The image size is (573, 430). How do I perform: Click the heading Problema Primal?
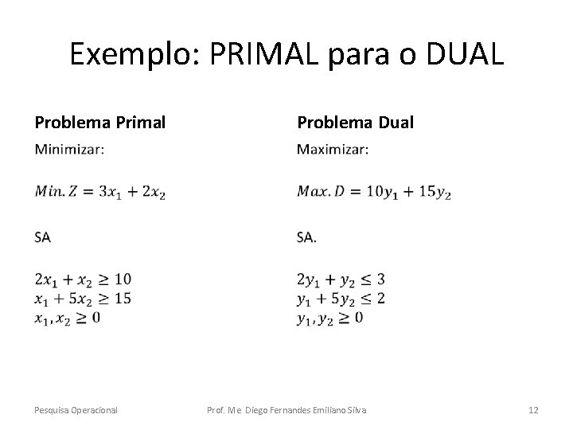(x=100, y=123)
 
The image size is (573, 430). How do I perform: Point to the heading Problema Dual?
(x=355, y=123)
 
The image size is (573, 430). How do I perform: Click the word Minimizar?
(x=69, y=149)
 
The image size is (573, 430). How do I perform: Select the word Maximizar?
(x=332, y=149)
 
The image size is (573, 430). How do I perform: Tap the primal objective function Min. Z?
(x=100, y=192)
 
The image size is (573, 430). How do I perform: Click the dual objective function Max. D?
(x=373, y=192)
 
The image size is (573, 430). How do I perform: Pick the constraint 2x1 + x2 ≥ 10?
(x=83, y=279)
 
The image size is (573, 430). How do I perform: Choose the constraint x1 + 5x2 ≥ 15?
(x=83, y=299)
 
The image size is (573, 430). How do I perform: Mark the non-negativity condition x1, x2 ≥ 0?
(x=68, y=318)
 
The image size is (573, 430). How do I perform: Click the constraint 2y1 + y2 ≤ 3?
(x=341, y=279)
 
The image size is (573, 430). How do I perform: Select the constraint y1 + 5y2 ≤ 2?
(x=341, y=299)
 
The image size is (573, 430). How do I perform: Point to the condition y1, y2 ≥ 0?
(x=329, y=318)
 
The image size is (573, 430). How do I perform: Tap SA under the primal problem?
(x=43, y=236)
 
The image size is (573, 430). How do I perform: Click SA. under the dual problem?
(x=306, y=236)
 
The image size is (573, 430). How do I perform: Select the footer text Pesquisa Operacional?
(x=76, y=410)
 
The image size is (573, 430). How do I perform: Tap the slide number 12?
(x=533, y=410)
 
